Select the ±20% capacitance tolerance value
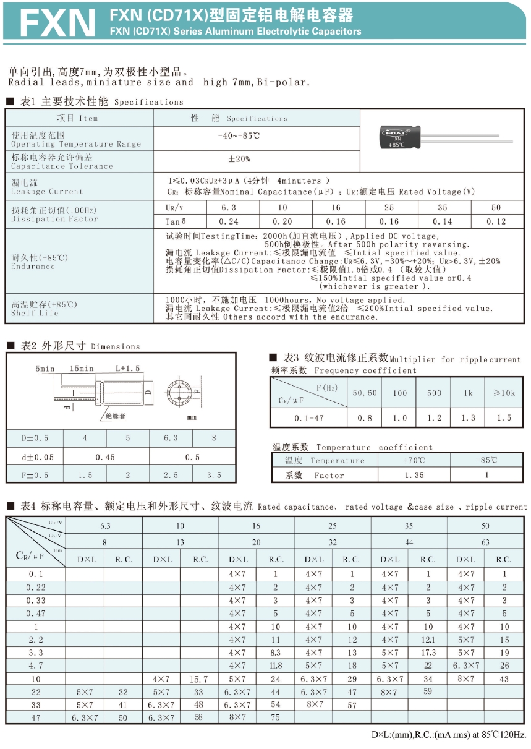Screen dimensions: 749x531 pyautogui.click(x=239, y=160)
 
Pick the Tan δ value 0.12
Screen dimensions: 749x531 pyautogui.click(x=496, y=221)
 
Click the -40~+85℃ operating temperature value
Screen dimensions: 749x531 pyautogui.click(x=239, y=136)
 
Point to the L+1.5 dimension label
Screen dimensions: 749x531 pyautogui.click(x=128, y=369)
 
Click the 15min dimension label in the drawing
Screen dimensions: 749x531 pyautogui.click(x=82, y=369)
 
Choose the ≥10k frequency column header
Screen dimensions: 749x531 pyautogui.click(x=504, y=393)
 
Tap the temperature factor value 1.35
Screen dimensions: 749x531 pyautogui.click(x=414, y=475)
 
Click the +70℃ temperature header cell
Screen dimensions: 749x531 pyautogui.click(x=414, y=460)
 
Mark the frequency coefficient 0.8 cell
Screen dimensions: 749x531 pyautogui.click(x=365, y=418)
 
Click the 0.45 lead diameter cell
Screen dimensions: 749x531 pyautogui.click(x=106, y=457)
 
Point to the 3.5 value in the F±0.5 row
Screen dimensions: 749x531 pyautogui.click(x=214, y=475)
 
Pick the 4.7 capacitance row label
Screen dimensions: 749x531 pyautogui.click(x=36, y=666)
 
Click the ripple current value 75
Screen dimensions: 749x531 pyautogui.click(x=275, y=717)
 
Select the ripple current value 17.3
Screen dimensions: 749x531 pyautogui.click(x=428, y=653)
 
